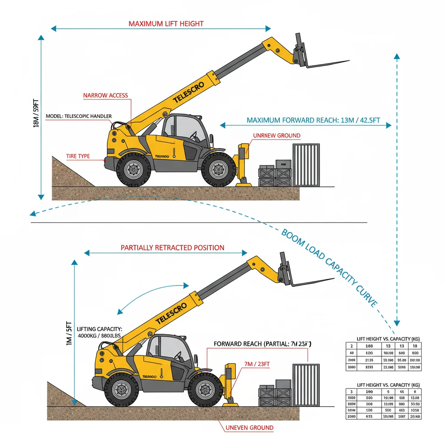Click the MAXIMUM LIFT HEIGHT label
(166, 23)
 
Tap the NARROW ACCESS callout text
(106, 95)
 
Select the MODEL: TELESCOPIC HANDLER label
(79, 116)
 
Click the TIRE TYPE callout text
(78, 156)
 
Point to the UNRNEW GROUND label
(276, 136)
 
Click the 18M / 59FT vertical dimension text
(36, 114)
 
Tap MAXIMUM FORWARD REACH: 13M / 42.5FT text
(306, 120)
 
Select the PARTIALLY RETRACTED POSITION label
(172, 248)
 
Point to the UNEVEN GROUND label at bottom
(249, 428)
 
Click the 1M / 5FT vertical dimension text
(68, 333)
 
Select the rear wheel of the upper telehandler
(133, 170)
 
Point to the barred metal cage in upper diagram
(306, 166)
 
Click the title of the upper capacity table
(388, 339)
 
